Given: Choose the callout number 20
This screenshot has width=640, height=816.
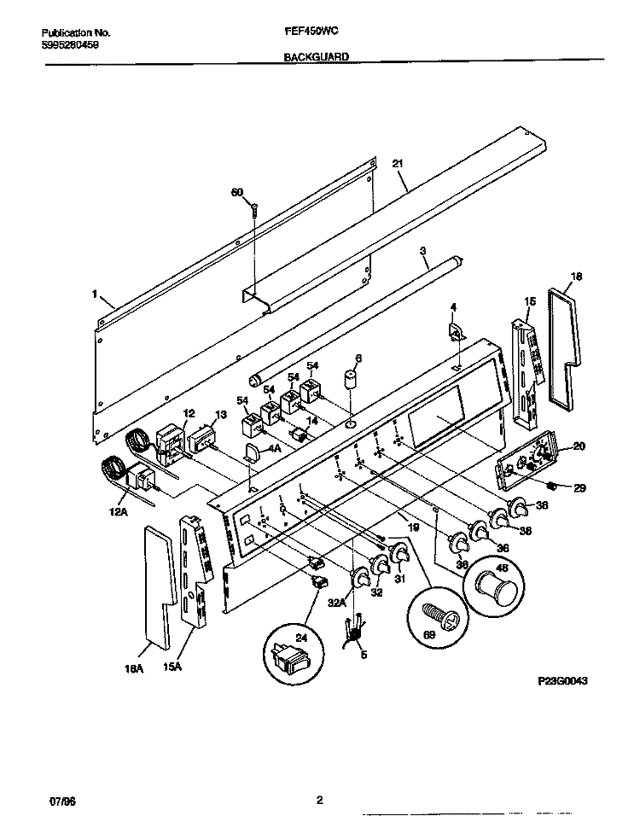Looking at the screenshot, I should click(578, 446).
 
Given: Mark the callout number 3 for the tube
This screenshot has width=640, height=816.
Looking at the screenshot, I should click(422, 250).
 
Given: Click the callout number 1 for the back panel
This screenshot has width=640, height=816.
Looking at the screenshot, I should click(92, 293).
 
